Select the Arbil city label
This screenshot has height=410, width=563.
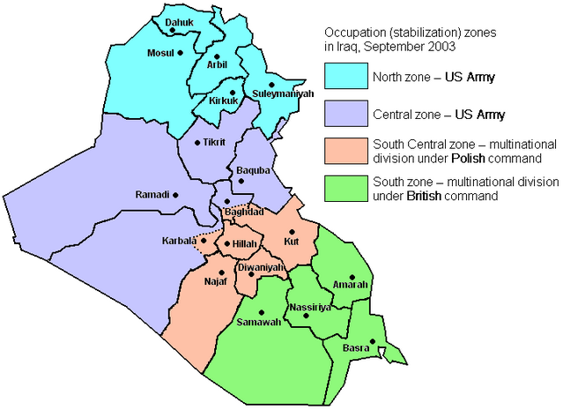pos(218,63)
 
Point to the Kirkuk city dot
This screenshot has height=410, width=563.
pos(232,91)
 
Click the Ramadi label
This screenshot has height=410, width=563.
pos(152,194)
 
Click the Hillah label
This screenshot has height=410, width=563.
pos(242,243)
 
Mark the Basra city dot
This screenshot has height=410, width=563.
pos(373,342)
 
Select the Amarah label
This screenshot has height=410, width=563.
pos(350,284)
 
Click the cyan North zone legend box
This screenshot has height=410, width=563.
pos(345,77)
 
